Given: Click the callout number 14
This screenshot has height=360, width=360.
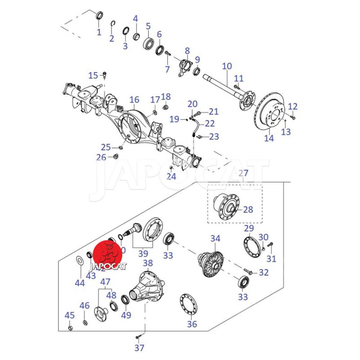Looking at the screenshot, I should pyautogui.click(x=269, y=138).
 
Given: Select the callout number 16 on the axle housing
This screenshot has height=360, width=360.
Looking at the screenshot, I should pyautogui.click(x=134, y=100).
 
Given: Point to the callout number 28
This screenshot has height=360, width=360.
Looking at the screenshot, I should pyautogui.click(x=248, y=210).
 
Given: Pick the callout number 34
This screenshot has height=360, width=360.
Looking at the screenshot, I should pyautogui.click(x=216, y=238).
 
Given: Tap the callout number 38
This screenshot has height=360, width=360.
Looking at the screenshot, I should pyautogui.click(x=148, y=263).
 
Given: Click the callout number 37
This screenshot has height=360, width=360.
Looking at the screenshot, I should pyautogui.click(x=139, y=347).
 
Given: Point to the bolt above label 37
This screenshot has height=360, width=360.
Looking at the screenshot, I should pyautogui.click(x=139, y=336).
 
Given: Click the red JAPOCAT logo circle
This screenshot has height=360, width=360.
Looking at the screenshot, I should pyautogui.click(x=108, y=254).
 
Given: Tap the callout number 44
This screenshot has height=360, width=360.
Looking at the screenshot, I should pyautogui.click(x=80, y=283).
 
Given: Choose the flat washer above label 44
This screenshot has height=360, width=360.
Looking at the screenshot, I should pyautogui.click(x=79, y=260).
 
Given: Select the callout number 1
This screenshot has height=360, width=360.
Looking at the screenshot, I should pyautogui.click(x=99, y=32).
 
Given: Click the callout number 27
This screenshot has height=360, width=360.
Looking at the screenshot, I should pyautogui.click(x=243, y=173).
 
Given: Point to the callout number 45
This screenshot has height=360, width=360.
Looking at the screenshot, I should pyautogui.click(x=70, y=315).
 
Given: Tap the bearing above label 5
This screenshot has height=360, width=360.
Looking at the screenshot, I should pyautogui.click(x=148, y=44).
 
